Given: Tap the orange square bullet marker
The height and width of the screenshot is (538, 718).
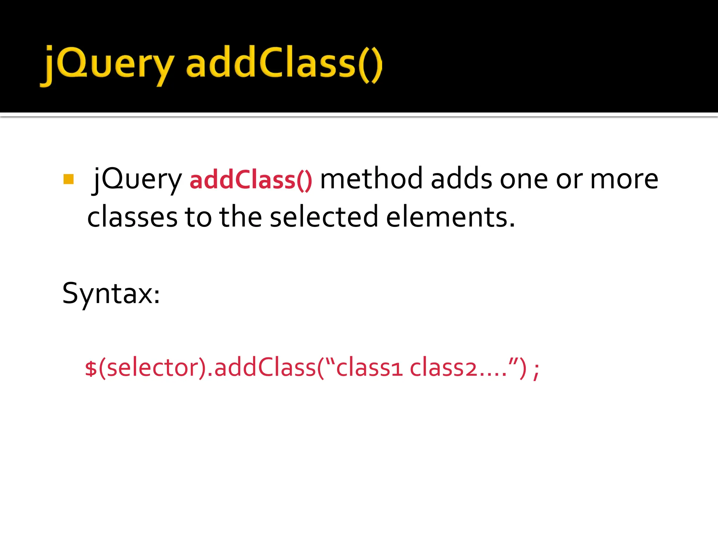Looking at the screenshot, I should pos(69,179).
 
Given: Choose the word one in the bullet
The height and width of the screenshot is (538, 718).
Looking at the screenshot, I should pos(524,179).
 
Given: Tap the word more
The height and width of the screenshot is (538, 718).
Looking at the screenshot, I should pos(624,179).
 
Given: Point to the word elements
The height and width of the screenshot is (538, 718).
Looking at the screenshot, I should pos(450,217).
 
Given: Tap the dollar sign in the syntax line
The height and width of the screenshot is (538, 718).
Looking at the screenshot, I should pos(91,368).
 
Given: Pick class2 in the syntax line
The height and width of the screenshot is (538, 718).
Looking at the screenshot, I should pos(443,368).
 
